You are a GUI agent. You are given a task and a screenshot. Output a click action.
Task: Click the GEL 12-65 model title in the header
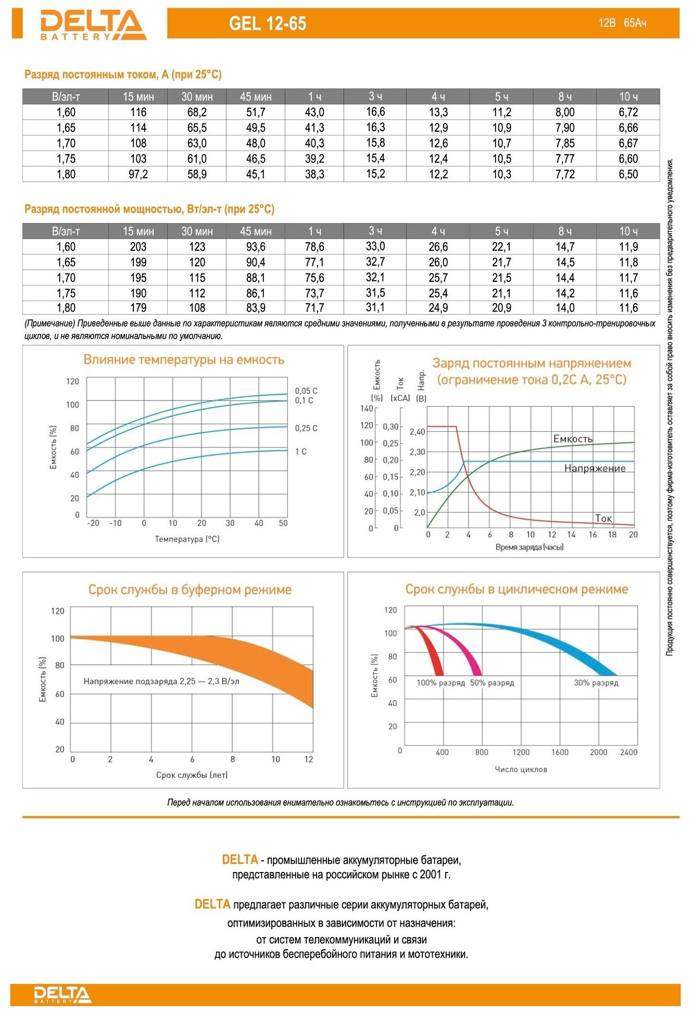click(x=268, y=23)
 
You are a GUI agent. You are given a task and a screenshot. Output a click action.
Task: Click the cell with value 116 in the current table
click(x=138, y=112)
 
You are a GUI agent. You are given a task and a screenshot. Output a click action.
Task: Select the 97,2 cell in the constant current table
click(x=138, y=175)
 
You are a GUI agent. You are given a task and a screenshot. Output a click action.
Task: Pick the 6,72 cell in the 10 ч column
click(x=628, y=112)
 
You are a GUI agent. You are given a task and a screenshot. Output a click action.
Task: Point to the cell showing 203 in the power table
click(x=138, y=247)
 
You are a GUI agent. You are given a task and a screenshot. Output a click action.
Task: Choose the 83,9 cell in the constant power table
click(x=256, y=308)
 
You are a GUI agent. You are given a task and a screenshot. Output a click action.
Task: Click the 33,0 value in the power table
click(x=375, y=246)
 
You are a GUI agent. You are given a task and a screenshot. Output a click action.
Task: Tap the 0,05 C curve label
click(x=306, y=391)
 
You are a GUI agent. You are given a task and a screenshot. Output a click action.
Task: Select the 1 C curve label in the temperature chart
click(x=301, y=452)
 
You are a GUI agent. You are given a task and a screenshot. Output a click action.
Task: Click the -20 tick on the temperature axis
click(x=93, y=523)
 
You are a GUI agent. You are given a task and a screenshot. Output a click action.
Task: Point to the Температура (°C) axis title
click(x=187, y=539)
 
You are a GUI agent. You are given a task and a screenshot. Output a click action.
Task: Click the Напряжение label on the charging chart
click(x=595, y=468)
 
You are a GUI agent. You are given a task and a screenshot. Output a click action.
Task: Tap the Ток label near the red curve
click(x=603, y=518)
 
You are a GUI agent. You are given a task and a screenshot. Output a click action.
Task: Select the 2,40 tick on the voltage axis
click(x=417, y=431)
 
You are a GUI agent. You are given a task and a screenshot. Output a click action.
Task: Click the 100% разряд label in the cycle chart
click(x=440, y=683)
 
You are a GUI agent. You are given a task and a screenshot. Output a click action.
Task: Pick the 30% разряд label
click(x=596, y=683)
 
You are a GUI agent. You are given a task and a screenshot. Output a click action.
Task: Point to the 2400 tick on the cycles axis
click(x=628, y=752)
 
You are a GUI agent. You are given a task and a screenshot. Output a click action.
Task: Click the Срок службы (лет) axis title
click(x=192, y=775)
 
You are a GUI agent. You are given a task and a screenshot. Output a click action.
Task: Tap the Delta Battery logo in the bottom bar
click(x=62, y=994)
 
